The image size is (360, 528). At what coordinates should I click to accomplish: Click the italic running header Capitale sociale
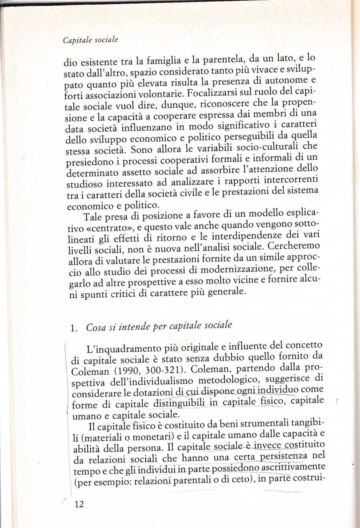90,40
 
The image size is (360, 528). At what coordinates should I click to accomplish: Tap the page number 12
79,504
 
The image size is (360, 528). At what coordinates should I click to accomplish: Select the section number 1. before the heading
74,328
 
